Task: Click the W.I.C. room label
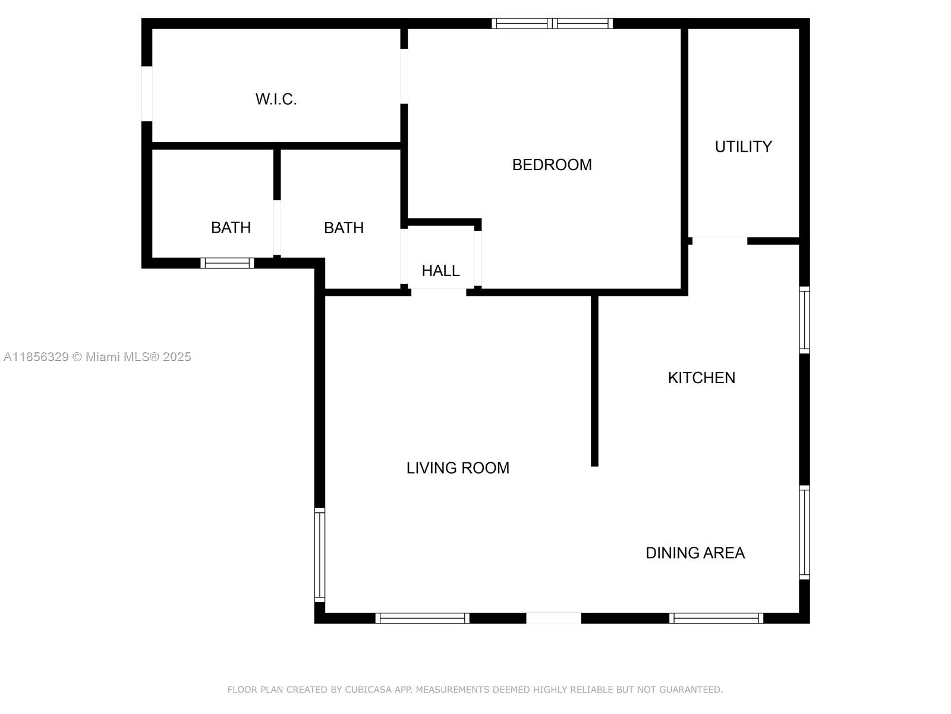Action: (x=276, y=99)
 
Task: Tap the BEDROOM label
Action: (x=552, y=165)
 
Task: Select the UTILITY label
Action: (x=743, y=146)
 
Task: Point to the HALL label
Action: (x=440, y=271)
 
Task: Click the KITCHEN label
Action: (x=701, y=378)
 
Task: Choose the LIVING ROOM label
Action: (x=458, y=468)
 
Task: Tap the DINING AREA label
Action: (x=695, y=553)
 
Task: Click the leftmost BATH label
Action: (x=231, y=228)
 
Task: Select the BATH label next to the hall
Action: (x=344, y=228)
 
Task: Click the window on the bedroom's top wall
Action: (x=552, y=23)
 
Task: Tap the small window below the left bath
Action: (x=227, y=263)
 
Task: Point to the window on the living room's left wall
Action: (x=319, y=555)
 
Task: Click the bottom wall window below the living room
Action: (x=422, y=618)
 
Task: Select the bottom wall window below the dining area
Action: (x=716, y=618)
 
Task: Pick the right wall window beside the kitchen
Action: (x=805, y=320)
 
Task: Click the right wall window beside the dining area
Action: (x=805, y=533)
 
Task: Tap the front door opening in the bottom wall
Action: (x=554, y=618)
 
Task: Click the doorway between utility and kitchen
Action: (x=720, y=241)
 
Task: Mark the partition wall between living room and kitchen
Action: (x=594, y=381)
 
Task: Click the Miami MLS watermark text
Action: (x=97, y=357)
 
